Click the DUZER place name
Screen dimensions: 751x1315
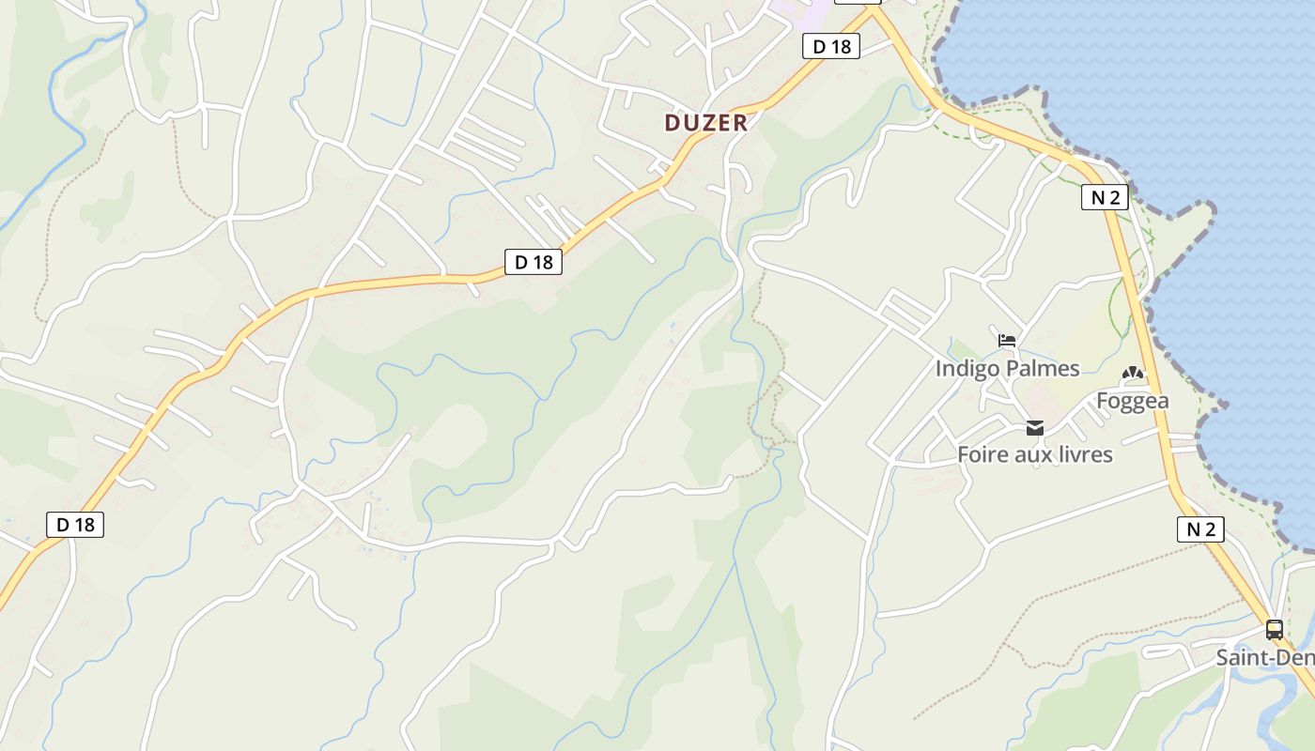click(706, 123)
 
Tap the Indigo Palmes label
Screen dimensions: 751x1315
click(1007, 369)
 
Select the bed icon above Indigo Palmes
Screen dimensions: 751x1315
click(1007, 340)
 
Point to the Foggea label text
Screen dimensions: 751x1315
click(1133, 402)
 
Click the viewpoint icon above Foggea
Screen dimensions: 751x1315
click(1133, 374)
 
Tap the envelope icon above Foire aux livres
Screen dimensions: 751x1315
click(1035, 428)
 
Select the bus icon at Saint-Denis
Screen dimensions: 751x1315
click(1275, 630)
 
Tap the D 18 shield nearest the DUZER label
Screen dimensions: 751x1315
click(831, 46)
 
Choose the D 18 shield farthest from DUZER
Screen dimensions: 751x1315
click(75, 525)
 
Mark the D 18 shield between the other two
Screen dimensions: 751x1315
click(534, 262)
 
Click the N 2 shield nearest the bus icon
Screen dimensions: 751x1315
click(1200, 529)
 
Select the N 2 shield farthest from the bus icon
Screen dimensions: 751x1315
click(1104, 197)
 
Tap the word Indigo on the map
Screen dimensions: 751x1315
click(967, 369)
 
